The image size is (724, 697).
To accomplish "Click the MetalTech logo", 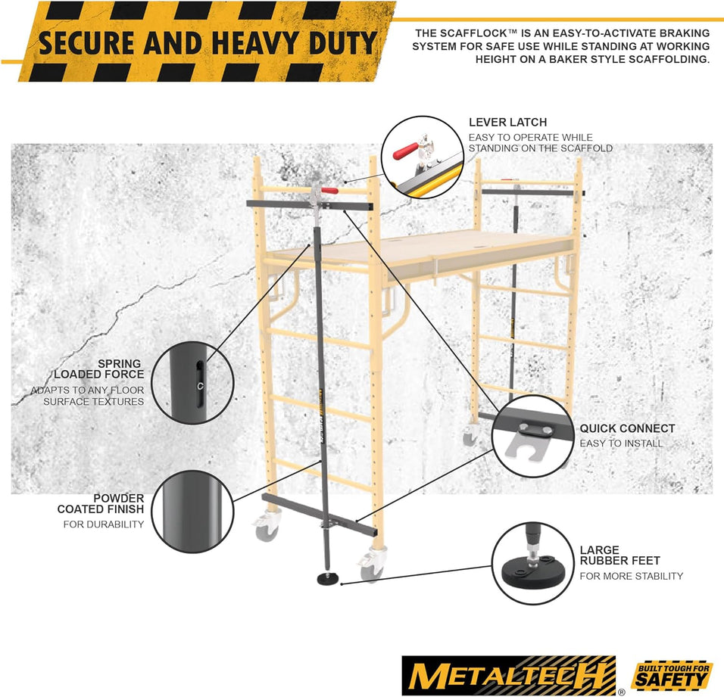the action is click(x=509, y=676).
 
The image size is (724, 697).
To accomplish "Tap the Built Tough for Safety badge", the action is click(x=672, y=675).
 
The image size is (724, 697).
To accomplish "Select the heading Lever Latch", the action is click(x=508, y=123).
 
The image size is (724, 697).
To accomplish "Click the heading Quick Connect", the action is click(x=628, y=428).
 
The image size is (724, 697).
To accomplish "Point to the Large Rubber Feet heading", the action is click(x=620, y=555).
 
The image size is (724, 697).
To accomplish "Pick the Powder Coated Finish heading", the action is click(x=101, y=504).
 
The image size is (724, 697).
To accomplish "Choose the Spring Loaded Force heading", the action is click(x=99, y=369).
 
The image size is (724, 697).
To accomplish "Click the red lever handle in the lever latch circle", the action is click(x=405, y=151).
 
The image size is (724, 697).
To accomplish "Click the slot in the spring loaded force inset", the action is click(x=199, y=384).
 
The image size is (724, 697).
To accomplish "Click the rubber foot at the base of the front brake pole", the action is click(x=328, y=579).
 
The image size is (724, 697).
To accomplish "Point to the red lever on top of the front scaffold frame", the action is click(x=329, y=190).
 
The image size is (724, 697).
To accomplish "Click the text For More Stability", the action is click(x=631, y=576).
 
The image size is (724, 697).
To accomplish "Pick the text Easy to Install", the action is click(x=621, y=443).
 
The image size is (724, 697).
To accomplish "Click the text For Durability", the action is click(x=104, y=524).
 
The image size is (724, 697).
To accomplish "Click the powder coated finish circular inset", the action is click(x=192, y=512).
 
